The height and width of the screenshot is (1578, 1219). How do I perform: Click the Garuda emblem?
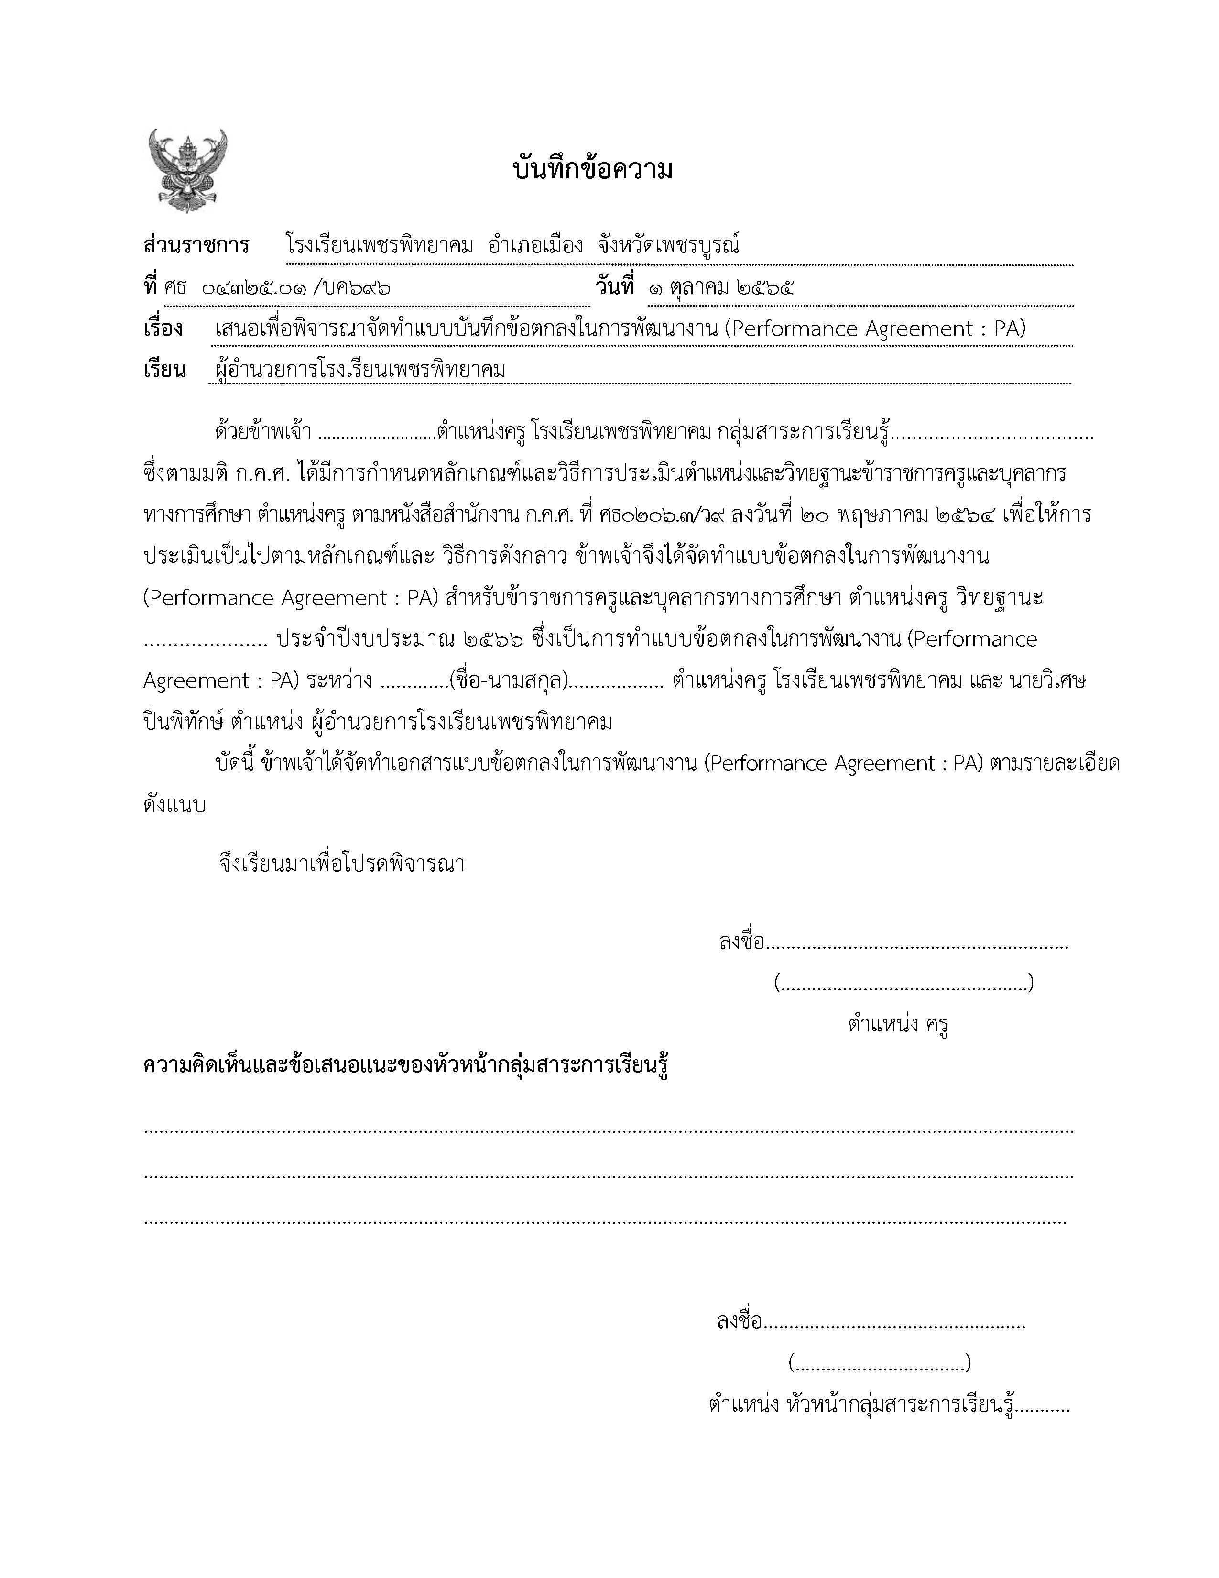click(188, 171)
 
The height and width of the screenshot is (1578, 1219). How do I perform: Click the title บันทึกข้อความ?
click(592, 171)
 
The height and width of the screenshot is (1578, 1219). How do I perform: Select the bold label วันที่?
click(615, 287)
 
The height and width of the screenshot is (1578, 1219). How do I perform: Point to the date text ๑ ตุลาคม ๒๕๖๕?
click(721, 288)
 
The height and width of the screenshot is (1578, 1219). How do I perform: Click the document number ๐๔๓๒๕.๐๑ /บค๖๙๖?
click(296, 288)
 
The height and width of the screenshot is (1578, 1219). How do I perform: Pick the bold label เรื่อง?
click(163, 329)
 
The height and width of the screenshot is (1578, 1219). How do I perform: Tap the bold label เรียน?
click(164, 370)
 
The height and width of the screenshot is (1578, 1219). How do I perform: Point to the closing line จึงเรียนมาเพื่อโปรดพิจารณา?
click(342, 864)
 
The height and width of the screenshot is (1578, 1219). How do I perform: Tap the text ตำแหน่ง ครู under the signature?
click(898, 1024)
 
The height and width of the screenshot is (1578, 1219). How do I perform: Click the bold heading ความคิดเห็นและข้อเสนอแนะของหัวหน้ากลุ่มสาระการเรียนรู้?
click(406, 1066)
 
